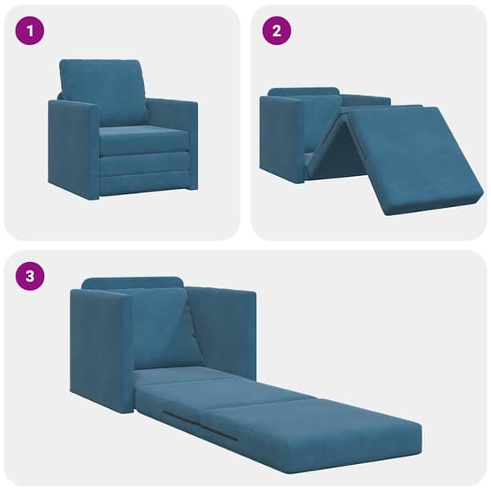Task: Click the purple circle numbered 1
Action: point(29,31)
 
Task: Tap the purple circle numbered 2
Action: point(277,31)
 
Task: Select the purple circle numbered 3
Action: point(29,277)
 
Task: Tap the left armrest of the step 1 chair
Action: point(74,149)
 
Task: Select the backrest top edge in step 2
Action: point(304,92)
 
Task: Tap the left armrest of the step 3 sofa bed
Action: point(101,351)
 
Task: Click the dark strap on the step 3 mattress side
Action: point(200,426)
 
